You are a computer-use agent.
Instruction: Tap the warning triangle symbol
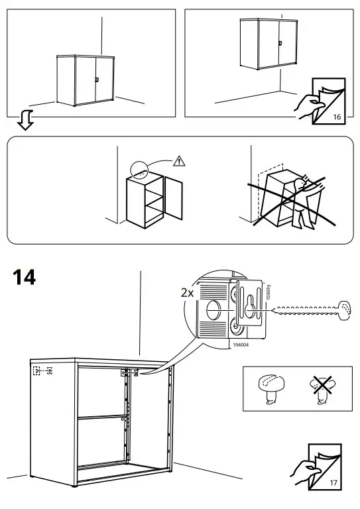[x=178, y=160]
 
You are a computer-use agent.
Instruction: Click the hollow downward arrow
[x=25, y=121]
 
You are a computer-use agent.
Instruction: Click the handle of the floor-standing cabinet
[x=97, y=80]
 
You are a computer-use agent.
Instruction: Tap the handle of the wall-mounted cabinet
[x=281, y=43]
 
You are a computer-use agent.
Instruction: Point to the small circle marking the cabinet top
[x=141, y=170]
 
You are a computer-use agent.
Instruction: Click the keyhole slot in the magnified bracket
[x=249, y=306]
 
